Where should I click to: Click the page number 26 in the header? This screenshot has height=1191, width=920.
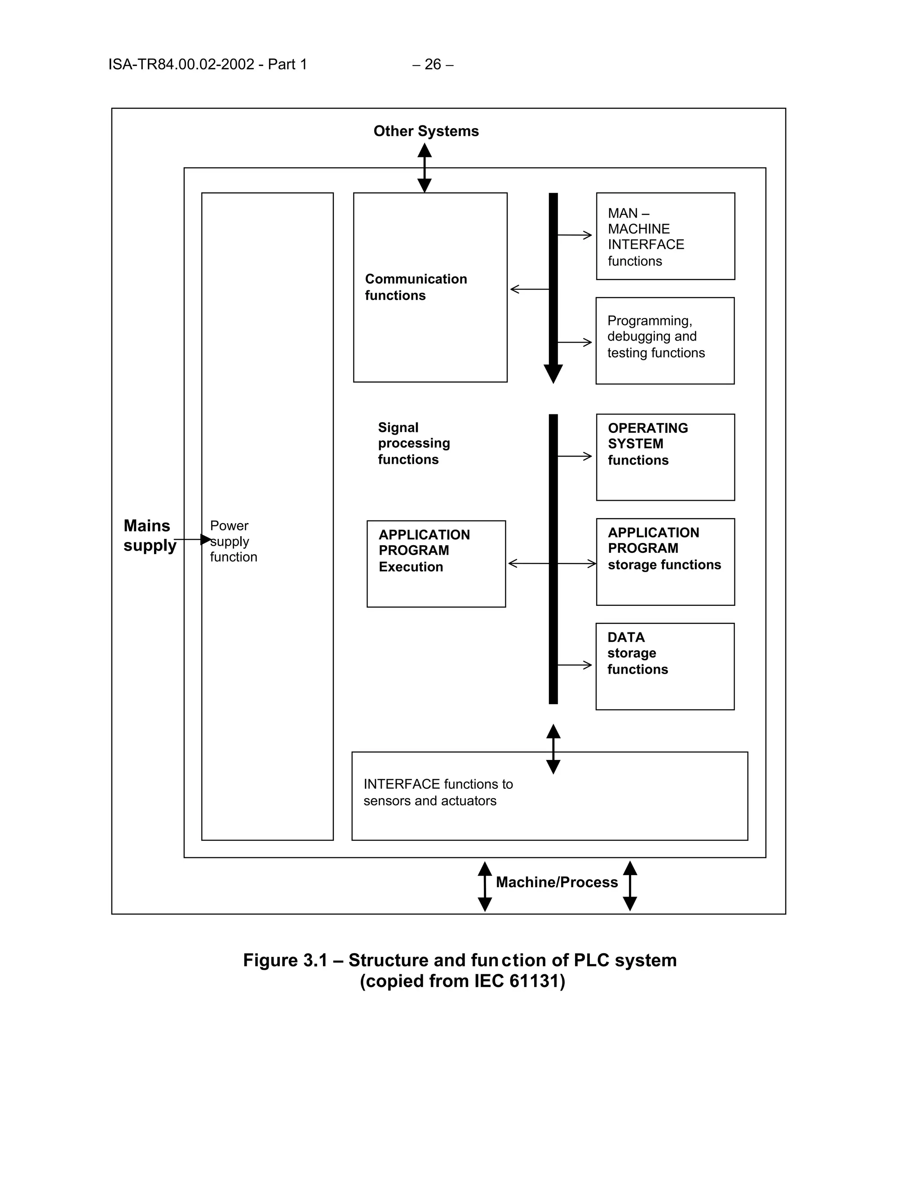[433, 64]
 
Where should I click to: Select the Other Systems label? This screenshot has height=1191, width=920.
[426, 131]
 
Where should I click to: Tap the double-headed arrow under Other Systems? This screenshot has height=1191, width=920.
[425, 168]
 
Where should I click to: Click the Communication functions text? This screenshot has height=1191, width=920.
[416, 287]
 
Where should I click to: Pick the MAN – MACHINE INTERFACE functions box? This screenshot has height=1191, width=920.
[665, 236]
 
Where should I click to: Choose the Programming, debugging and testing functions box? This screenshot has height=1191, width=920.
[664, 340]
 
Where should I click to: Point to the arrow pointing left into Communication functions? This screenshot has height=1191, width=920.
[529, 289]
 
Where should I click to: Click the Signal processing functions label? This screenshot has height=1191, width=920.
[414, 443]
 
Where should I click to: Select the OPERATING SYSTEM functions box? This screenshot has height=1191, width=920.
[665, 457]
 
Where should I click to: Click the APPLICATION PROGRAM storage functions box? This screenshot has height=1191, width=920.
[665, 561]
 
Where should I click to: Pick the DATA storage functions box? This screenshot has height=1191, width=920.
[664, 666]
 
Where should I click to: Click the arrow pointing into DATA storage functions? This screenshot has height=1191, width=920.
[575, 665]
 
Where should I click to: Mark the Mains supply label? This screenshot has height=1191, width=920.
[149, 536]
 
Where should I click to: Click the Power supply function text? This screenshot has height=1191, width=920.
[233, 541]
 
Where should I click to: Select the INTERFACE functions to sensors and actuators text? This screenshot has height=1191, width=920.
[438, 792]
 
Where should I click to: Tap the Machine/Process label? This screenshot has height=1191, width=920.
[557, 882]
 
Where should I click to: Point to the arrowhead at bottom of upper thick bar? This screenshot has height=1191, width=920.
[553, 373]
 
